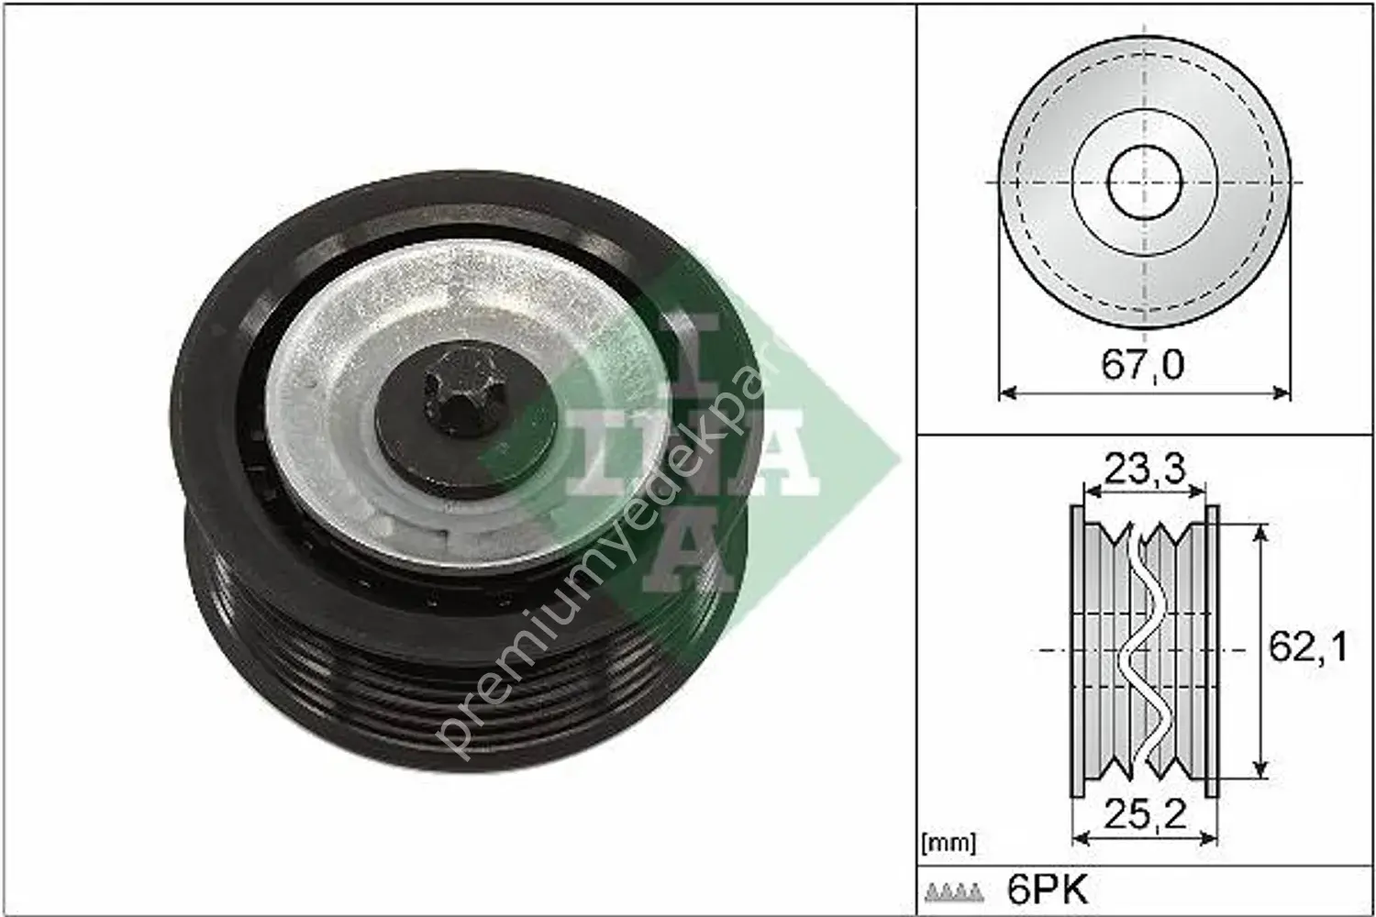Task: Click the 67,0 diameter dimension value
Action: [1142, 366]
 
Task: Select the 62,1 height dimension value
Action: [1306, 649]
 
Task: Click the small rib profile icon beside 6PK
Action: [955, 890]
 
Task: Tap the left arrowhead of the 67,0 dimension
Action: [1004, 393]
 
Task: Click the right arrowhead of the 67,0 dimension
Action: [1283, 393]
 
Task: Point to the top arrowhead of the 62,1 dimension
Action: [1263, 530]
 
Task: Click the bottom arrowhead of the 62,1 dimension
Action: [1263, 770]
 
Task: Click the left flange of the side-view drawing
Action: [1077, 651]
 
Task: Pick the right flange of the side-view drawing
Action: [1211, 651]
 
